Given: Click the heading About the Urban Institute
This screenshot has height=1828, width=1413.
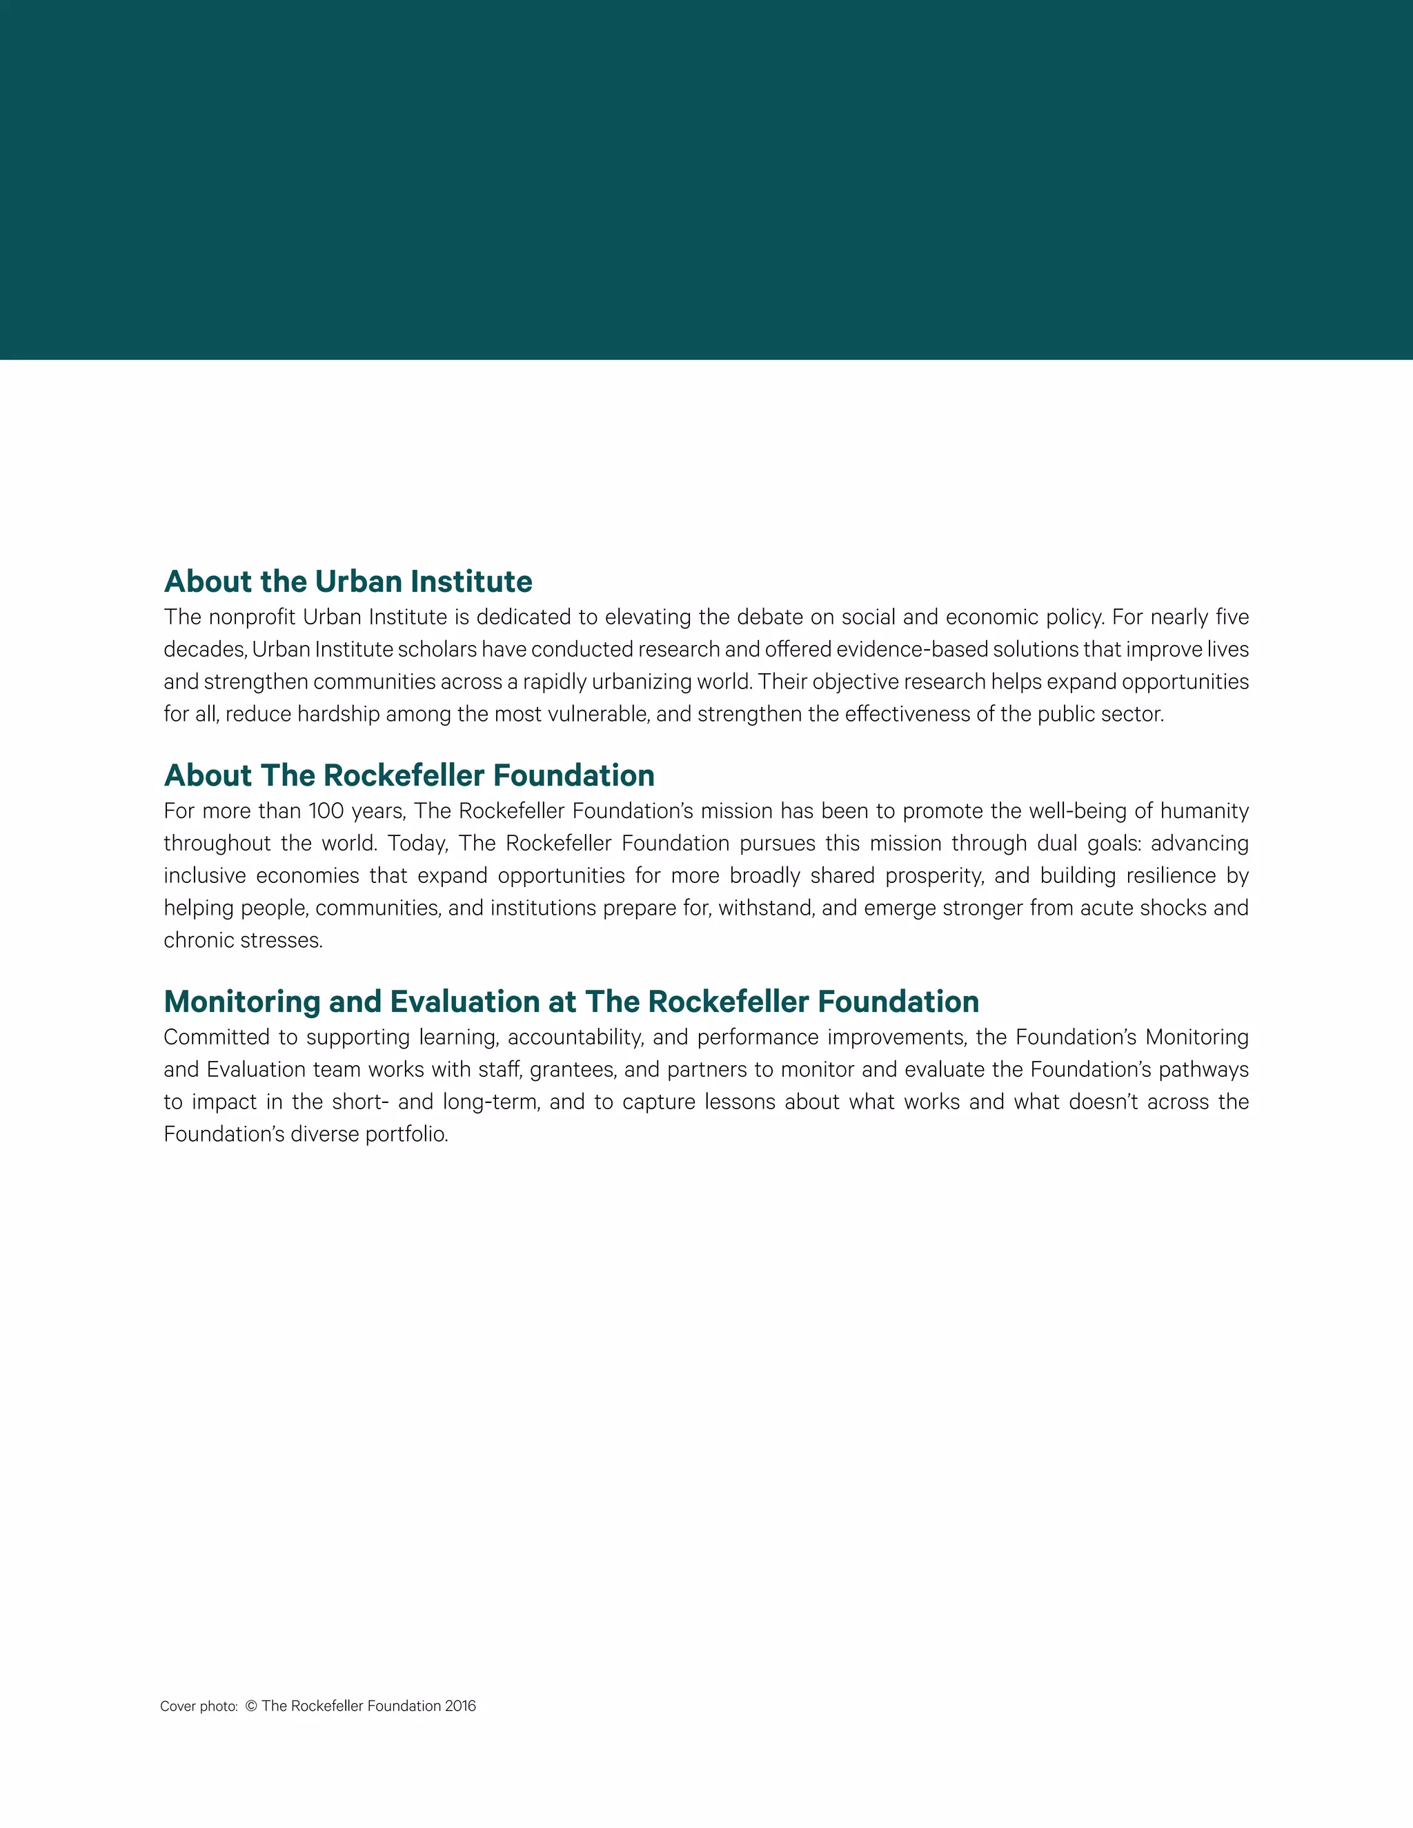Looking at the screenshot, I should tap(348, 582).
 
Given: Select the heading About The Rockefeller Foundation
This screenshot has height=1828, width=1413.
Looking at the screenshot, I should tap(409, 775).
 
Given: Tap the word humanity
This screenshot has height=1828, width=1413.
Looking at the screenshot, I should tap(1205, 811).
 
